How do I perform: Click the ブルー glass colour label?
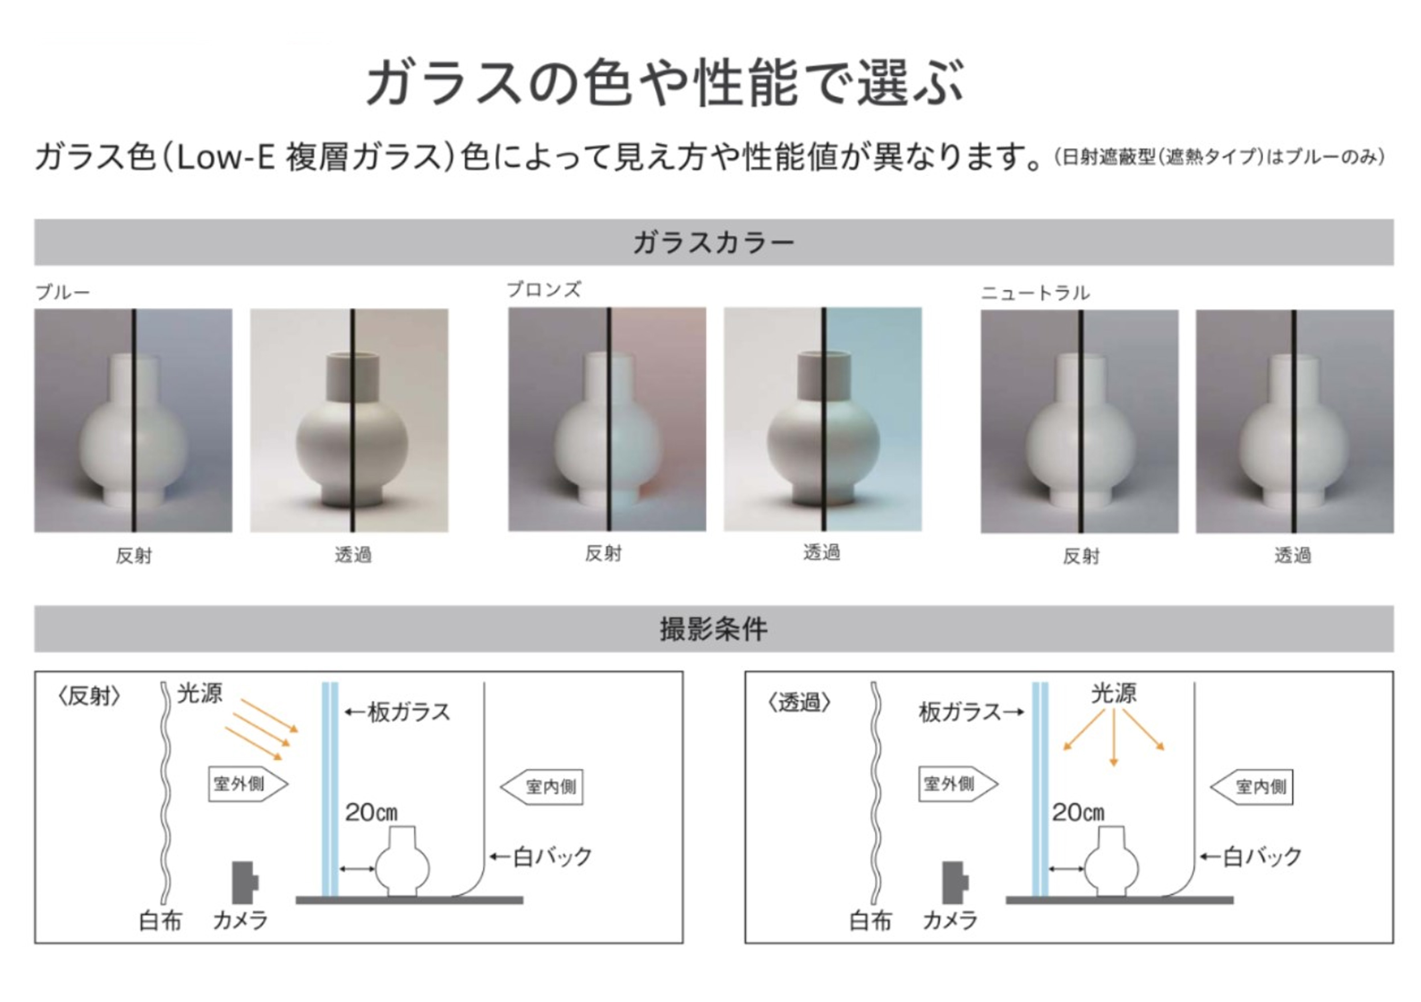[x=63, y=291]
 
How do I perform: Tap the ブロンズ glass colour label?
[x=544, y=289]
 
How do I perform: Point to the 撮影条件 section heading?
[x=713, y=629]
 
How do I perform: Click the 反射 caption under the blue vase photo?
[x=134, y=556]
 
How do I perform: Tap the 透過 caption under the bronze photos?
[x=821, y=552]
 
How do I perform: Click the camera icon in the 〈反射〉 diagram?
[x=245, y=883]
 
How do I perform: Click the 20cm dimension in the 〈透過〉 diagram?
[x=1078, y=812]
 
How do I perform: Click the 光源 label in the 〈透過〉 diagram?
[x=1113, y=693]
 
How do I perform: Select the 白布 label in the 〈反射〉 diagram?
[x=160, y=921]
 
